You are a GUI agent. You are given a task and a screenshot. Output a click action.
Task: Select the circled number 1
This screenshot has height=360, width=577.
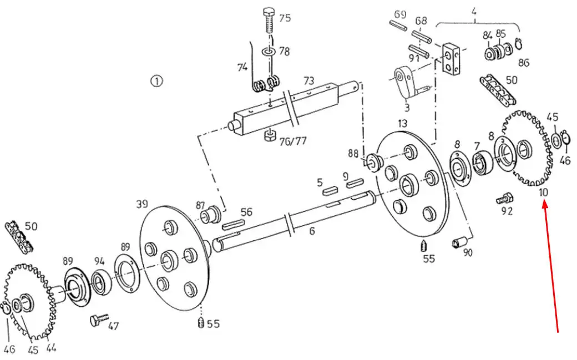157,80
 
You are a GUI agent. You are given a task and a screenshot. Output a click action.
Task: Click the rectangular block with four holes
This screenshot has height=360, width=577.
451,58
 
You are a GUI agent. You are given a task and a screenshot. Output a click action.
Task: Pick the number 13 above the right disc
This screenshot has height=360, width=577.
403,123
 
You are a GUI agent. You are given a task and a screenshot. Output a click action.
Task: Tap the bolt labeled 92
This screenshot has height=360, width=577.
504,199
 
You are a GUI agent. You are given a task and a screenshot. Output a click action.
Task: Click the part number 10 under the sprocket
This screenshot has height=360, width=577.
543,192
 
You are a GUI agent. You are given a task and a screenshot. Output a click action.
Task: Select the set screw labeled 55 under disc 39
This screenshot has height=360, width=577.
200,322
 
